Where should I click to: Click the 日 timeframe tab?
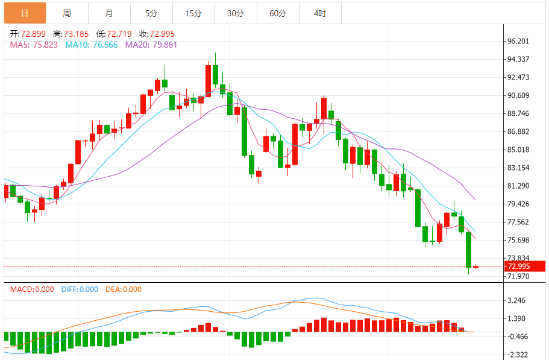click(24, 13)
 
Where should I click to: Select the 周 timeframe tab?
click(66, 13)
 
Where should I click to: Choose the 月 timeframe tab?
click(108, 13)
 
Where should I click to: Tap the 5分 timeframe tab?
click(151, 13)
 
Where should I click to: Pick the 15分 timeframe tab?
click(193, 13)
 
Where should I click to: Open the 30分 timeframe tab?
click(236, 13)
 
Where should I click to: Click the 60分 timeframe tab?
click(278, 13)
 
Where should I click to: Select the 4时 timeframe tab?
click(320, 13)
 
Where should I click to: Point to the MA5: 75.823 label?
click(34, 45)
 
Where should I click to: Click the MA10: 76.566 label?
click(92, 45)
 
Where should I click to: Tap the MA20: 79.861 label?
click(151, 45)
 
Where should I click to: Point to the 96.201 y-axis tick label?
click(518, 42)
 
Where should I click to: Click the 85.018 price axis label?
click(518, 150)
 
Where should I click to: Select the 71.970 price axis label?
click(518, 277)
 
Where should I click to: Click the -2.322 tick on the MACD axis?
click(518, 355)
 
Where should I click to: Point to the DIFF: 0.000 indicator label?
click(80, 289)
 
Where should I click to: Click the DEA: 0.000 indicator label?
click(124, 289)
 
